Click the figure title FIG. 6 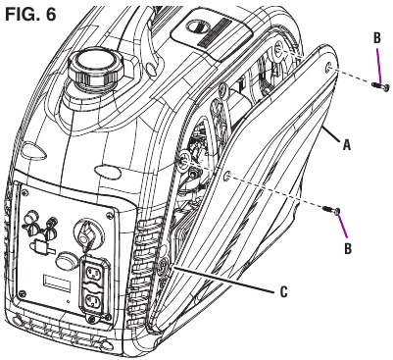tap(30, 14)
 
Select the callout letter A tap(347, 144)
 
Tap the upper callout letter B tap(376, 38)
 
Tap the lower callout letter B tap(348, 248)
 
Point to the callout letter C tap(284, 291)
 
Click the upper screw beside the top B tap(380, 86)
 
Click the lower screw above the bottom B tap(331, 210)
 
